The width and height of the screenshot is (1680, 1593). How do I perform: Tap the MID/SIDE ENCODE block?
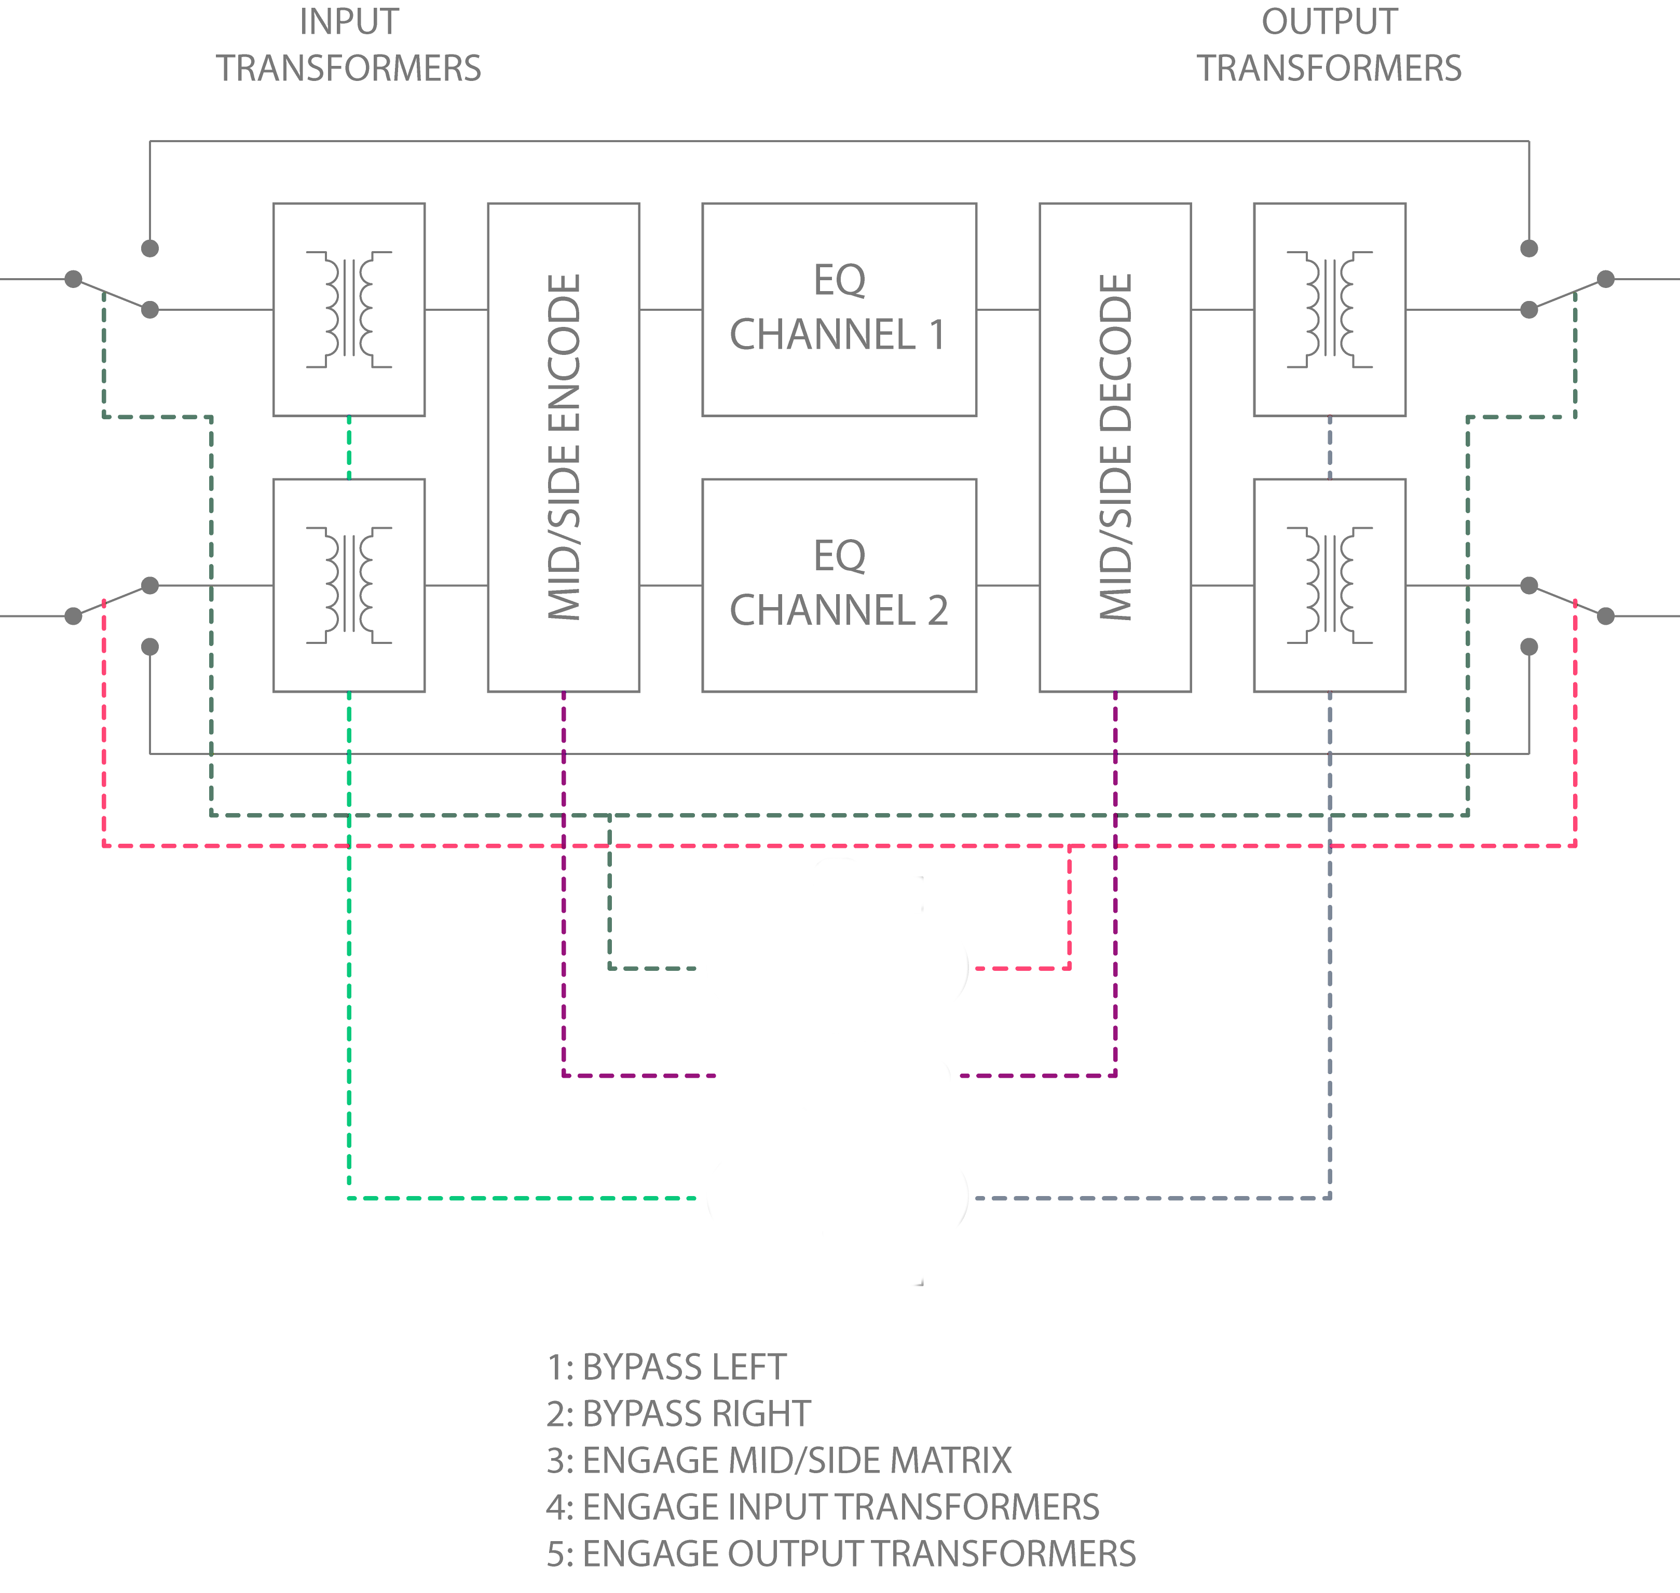coord(563,447)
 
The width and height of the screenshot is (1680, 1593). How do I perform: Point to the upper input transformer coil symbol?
coord(349,309)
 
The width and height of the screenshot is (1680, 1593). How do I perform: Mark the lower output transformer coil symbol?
coord(1329,585)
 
